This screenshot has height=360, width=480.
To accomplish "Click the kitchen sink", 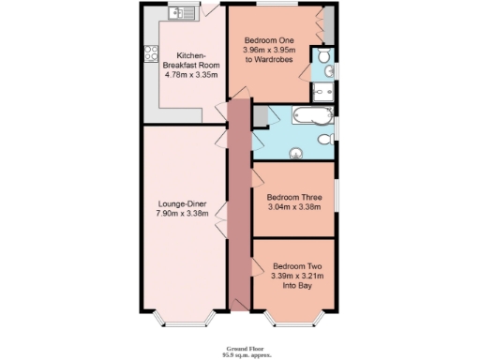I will click(179, 12).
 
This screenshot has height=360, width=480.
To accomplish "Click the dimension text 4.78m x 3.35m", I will click(191, 74).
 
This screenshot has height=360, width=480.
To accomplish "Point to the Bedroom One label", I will click(269, 40).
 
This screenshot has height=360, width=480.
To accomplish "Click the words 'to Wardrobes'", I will click(269, 60).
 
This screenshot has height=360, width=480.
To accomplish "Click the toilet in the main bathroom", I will click(324, 140).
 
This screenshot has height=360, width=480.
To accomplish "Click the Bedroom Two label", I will click(297, 266).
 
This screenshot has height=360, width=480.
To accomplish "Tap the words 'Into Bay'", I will click(297, 286).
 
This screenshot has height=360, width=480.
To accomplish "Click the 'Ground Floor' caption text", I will click(239, 346).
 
